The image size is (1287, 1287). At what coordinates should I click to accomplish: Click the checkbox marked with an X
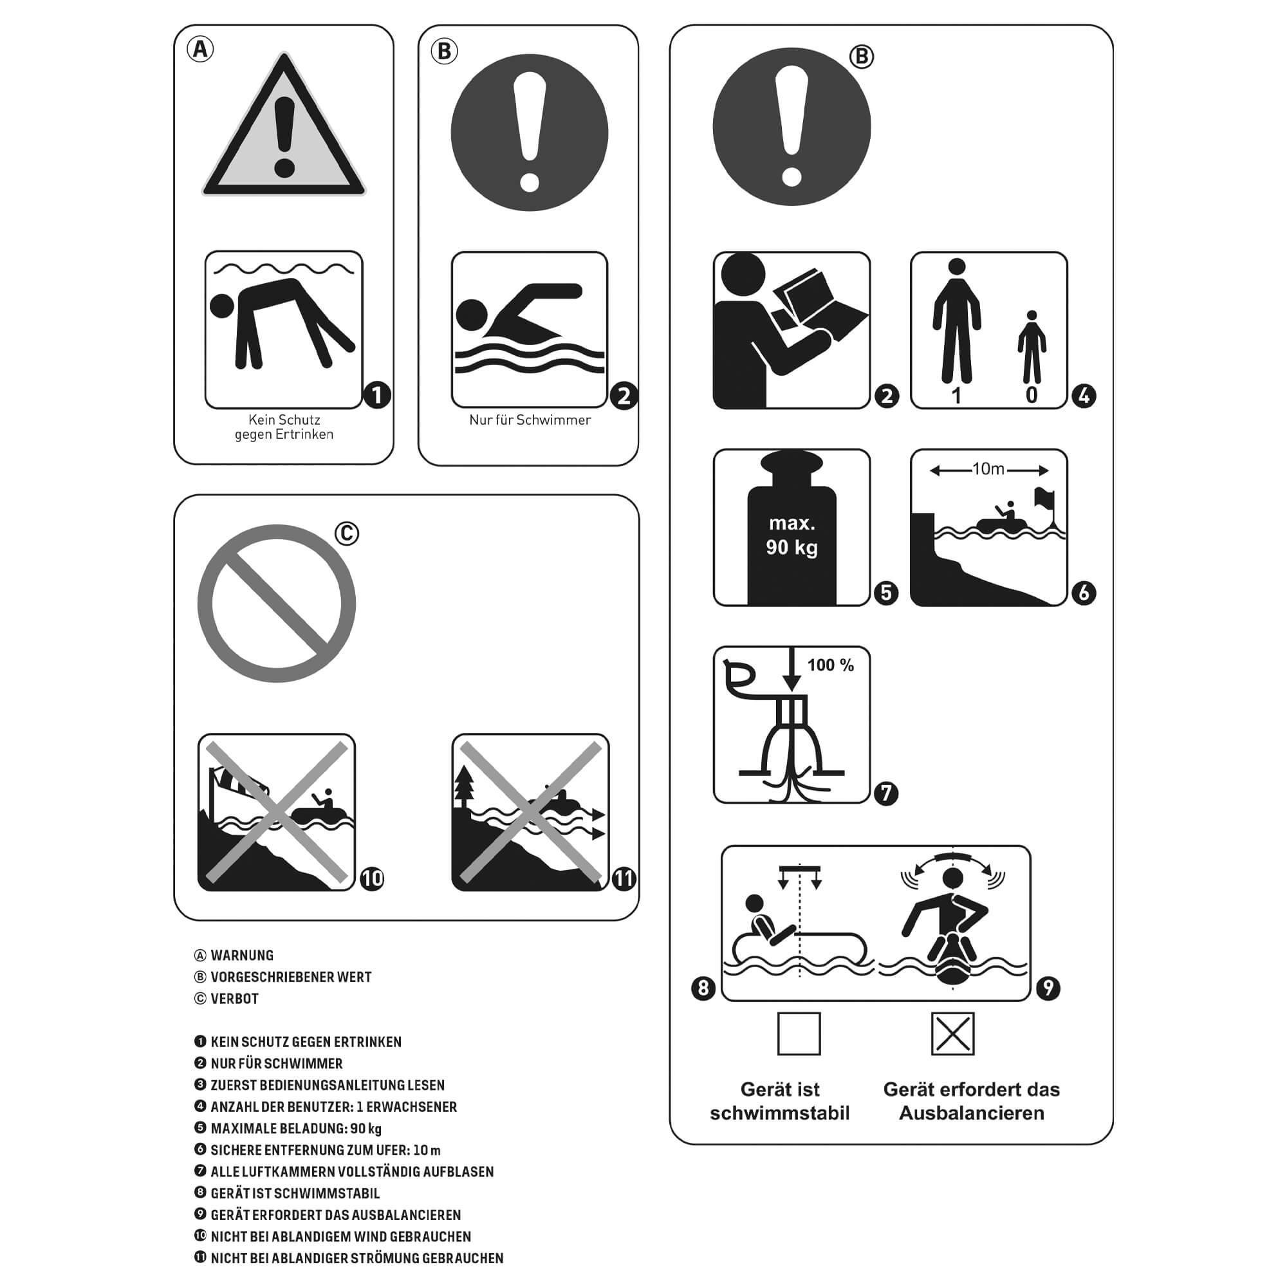[x=952, y=1034]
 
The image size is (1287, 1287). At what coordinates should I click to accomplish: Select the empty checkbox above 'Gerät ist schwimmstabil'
[x=799, y=1034]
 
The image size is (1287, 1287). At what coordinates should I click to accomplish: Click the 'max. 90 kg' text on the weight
[x=792, y=535]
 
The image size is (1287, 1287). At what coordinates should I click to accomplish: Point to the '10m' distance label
[x=988, y=470]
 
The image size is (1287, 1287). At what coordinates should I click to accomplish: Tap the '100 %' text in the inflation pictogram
[x=831, y=665]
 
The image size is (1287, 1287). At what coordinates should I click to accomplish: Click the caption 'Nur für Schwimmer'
[x=530, y=420]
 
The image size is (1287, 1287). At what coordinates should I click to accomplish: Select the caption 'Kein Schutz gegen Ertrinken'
[x=284, y=427]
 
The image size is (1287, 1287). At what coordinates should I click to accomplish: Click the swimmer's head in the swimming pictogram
[x=472, y=315]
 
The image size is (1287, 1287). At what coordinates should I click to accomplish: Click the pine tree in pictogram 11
[x=463, y=788]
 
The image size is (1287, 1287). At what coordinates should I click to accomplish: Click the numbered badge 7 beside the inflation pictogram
[x=886, y=793]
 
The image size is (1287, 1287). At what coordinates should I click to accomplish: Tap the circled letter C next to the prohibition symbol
[x=346, y=533]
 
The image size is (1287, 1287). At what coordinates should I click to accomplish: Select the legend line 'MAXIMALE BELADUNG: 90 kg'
[x=296, y=1129]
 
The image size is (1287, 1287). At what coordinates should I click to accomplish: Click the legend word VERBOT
[x=234, y=999]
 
